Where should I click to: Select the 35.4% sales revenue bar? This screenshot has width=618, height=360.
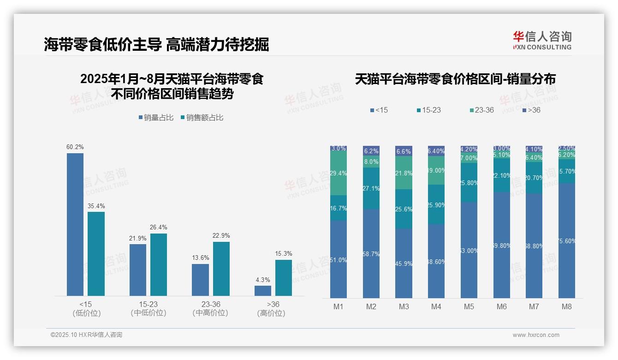[96, 253]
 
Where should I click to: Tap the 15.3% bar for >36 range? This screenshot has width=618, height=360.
[284, 277]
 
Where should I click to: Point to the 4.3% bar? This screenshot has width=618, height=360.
[263, 290]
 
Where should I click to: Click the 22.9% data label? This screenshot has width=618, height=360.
[221, 236]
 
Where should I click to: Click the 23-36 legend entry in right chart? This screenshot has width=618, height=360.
[481, 110]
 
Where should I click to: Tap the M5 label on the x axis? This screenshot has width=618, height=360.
[469, 306]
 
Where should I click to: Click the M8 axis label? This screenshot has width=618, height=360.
[567, 306]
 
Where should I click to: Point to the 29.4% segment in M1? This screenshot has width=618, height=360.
[339, 174]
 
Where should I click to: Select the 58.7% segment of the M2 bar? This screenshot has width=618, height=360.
[371, 253]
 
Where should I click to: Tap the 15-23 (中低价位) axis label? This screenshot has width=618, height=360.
[148, 308]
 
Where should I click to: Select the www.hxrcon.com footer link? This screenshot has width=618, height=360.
[536, 335]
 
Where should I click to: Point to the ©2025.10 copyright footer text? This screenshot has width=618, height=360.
[86, 335]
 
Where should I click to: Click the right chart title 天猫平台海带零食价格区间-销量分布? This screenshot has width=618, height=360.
[455, 79]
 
